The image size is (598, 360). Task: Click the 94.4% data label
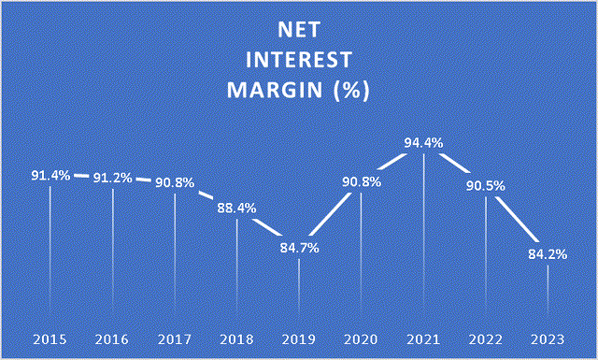tap(423, 143)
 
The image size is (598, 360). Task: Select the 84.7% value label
tap(299, 249)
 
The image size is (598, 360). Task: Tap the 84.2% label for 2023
tap(548, 253)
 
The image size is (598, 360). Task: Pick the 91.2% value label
tap(113, 178)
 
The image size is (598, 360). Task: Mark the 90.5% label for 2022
tap(486, 185)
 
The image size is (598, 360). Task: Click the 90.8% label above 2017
tap(175, 182)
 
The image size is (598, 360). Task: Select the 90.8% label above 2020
tap(362, 182)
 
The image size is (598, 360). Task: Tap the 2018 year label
tap(237, 336)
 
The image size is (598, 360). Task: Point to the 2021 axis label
tap(423, 336)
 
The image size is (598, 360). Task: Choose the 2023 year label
tap(548, 336)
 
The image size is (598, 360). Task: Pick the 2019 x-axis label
tap(299, 336)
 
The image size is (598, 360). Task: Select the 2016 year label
tap(113, 336)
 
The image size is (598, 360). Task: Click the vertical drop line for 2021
tap(423, 243)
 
